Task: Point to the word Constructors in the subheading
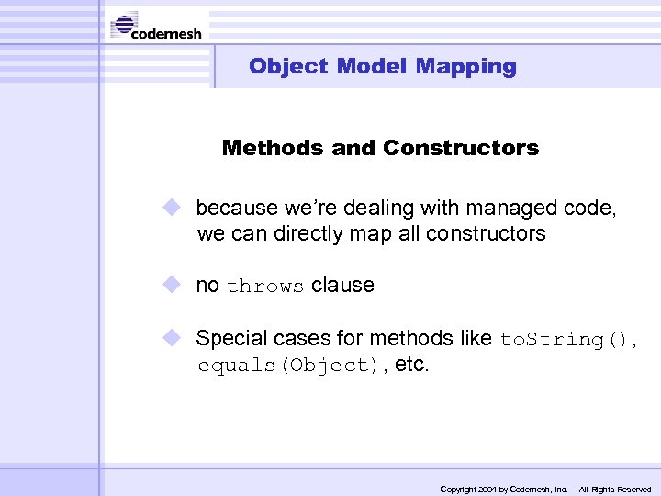click(x=461, y=148)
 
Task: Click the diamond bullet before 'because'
click(x=174, y=209)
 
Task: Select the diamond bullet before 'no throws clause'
click(x=174, y=285)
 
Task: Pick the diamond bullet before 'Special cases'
click(x=174, y=338)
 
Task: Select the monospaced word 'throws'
click(x=264, y=287)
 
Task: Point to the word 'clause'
click(x=342, y=285)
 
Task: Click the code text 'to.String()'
click(x=565, y=339)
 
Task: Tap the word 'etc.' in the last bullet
click(x=411, y=364)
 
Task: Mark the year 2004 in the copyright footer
click(x=487, y=490)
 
